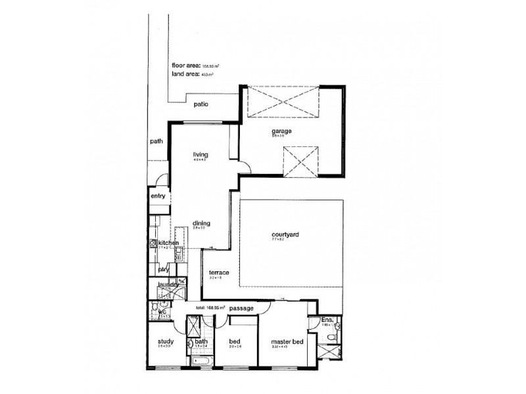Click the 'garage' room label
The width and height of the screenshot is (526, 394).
tap(281, 131)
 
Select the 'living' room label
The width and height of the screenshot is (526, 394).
tap(201, 154)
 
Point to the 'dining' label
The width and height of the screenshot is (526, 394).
tap(201, 223)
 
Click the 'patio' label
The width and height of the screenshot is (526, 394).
tap(201, 104)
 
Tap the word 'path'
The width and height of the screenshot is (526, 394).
tap(156, 141)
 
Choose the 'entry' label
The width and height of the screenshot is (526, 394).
tap(158, 196)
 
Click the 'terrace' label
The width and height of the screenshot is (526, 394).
tap(218, 273)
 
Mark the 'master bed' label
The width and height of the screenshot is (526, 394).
tap(287, 342)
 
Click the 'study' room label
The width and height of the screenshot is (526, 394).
tap(165, 341)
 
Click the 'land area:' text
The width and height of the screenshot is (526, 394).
tap(186, 75)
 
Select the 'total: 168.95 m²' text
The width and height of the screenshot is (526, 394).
tap(210, 307)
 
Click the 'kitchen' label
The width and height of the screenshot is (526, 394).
tap(168, 242)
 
